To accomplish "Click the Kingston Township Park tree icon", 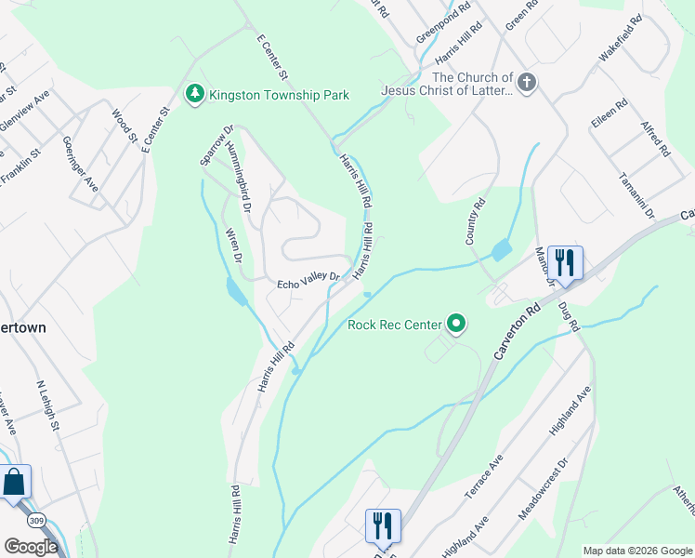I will [x=194, y=94].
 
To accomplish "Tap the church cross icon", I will [x=527, y=83].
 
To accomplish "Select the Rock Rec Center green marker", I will [x=456, y=324].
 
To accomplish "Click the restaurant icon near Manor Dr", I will [x=565, y=261].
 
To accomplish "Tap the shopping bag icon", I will [x=14, y=483].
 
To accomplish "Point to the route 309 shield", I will [x=36, y=519].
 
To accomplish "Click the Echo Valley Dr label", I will [x=310, y=281].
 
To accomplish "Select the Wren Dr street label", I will [x=233, y=245].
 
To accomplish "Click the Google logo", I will [x=31, y=547].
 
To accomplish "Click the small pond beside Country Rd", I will [x=502, y=249].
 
